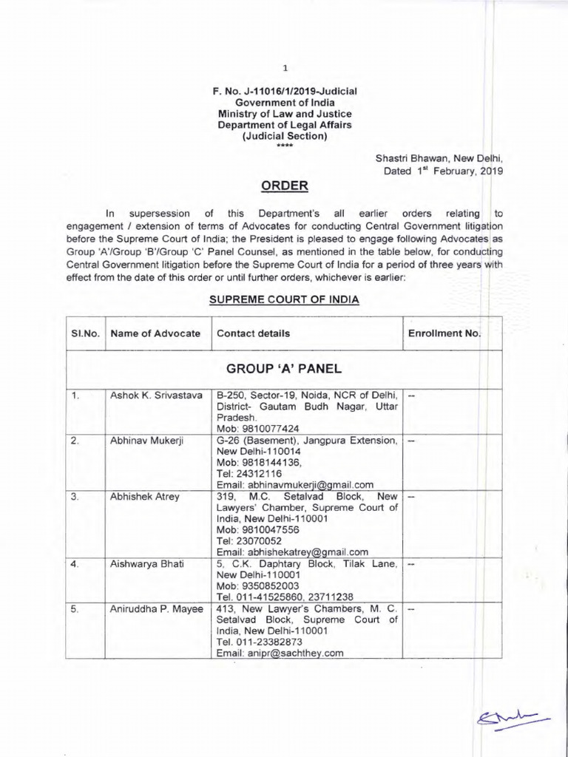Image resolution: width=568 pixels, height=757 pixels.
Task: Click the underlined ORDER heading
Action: (x=284, y=185)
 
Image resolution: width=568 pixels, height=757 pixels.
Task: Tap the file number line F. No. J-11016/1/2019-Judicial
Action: (x=284, y=91)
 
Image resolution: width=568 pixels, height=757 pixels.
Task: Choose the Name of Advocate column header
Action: (x=155, y=333)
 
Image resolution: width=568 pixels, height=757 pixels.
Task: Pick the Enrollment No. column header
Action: (x=444, y=333)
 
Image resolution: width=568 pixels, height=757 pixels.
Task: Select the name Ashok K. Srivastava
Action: (x=157, y=396)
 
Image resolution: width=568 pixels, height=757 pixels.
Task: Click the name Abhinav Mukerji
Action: (x=146, y=441)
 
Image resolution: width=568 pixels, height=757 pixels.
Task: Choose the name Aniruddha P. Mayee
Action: (x=153, y=608)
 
